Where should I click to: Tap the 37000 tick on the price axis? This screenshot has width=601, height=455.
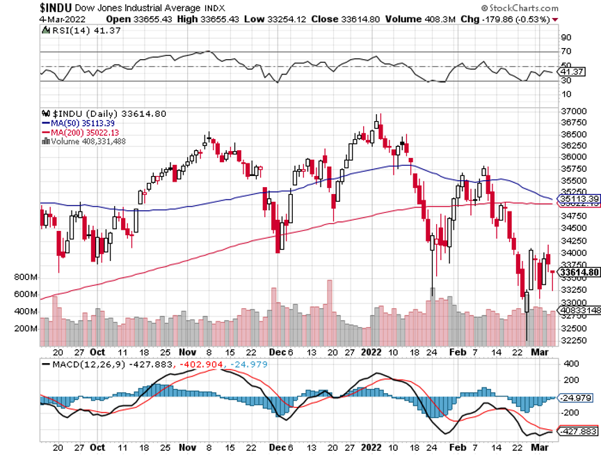[572, 111]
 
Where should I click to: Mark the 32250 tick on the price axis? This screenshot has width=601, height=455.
[572, 340]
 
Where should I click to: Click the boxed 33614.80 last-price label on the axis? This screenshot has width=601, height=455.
[579, 272]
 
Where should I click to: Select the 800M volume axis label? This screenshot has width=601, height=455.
[24, 278]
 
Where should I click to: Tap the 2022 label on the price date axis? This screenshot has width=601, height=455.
[372, 352]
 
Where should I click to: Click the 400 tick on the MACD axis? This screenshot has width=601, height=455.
[570, 364]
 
